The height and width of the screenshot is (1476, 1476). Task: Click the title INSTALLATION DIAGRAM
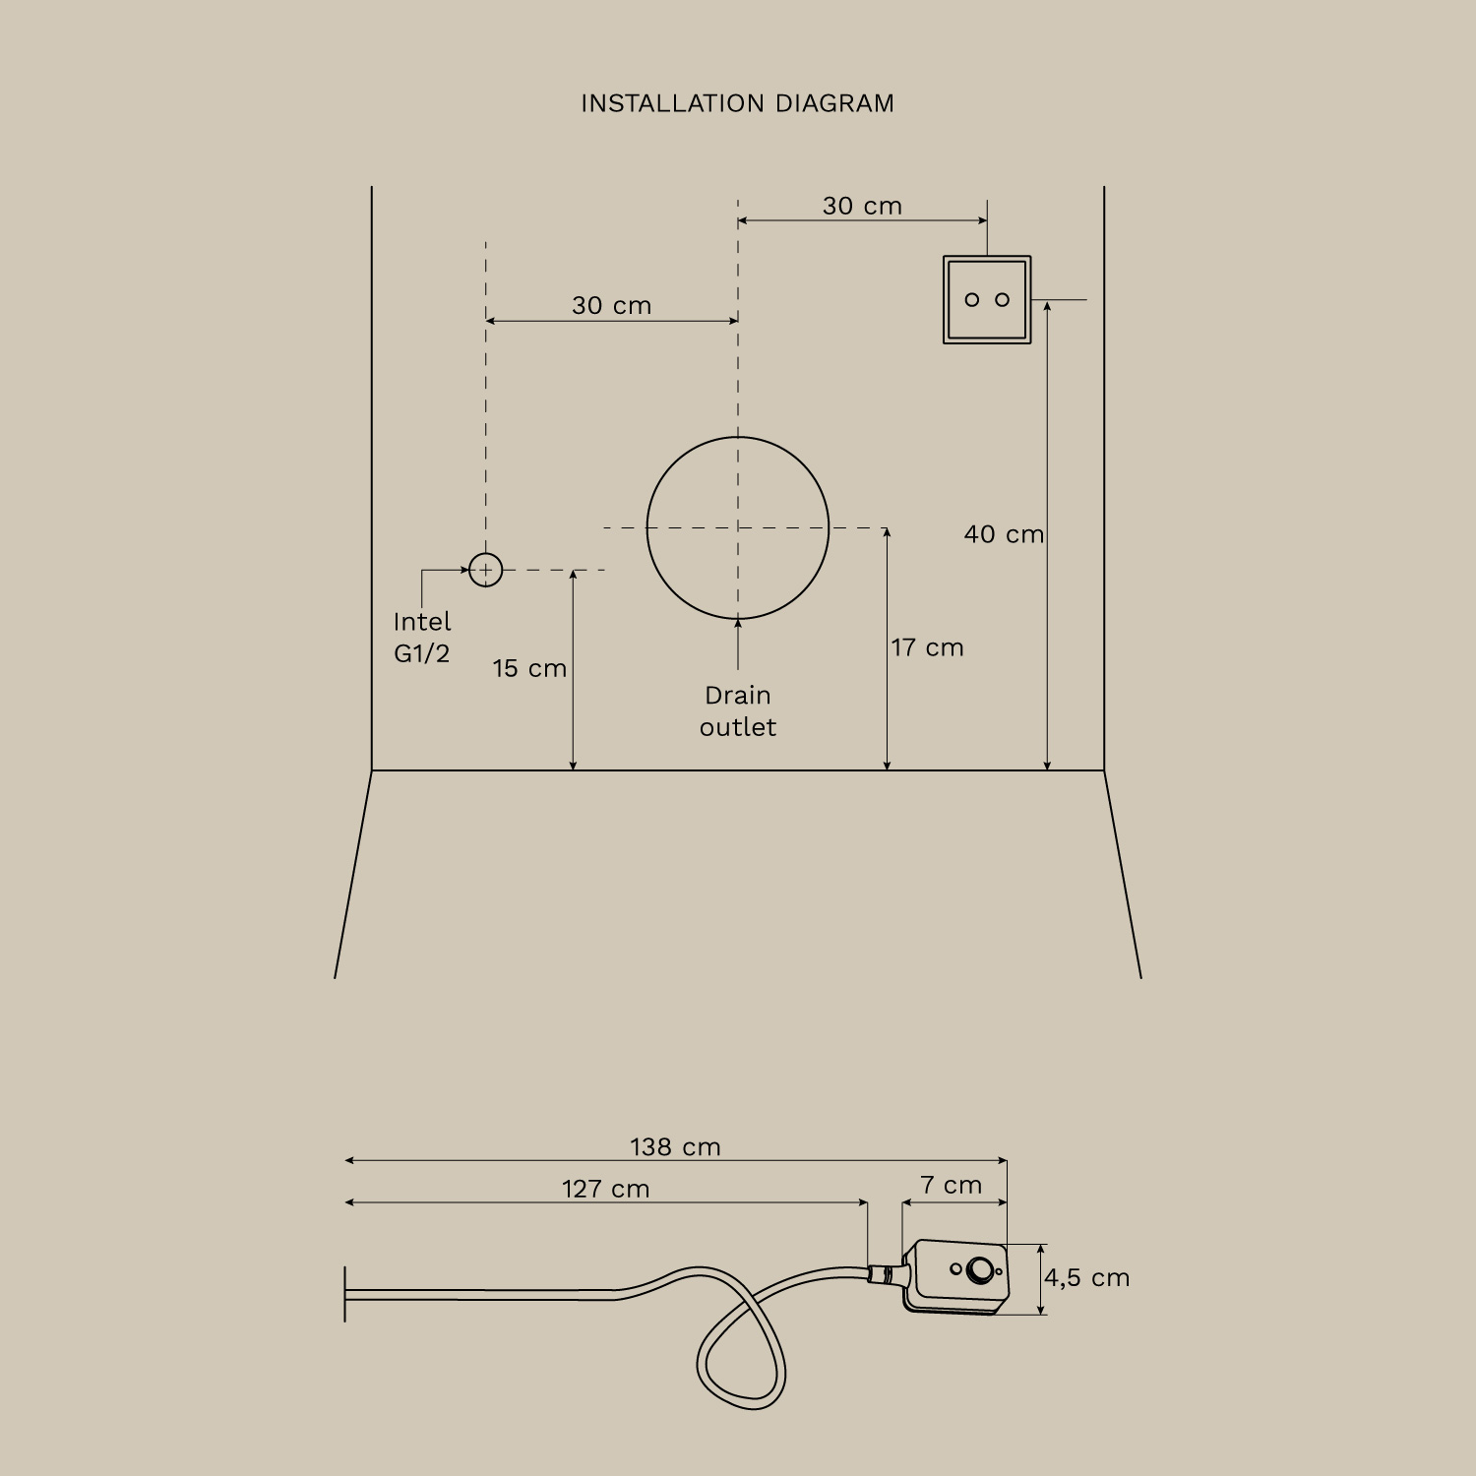pos(737,103)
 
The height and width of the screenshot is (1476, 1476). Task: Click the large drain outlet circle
pos(738,528)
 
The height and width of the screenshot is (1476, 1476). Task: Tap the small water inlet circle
pos(485,570)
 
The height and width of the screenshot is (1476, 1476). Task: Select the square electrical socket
pos(987,299)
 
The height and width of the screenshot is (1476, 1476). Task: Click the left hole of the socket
pos(972,300)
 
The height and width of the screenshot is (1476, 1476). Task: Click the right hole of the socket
pos(1003,300)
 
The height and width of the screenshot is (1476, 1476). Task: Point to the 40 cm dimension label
pos(1004,534)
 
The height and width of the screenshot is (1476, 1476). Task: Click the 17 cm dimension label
pos(927,647)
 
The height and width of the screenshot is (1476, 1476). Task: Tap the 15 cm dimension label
pos(529,668)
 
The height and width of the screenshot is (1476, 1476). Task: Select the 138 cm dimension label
pos(675,1147)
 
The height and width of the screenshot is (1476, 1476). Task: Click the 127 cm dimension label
pos(605,1189)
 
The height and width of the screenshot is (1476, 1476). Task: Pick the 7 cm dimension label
pos(951,1185)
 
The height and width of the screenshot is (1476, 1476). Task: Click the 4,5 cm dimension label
pos(1087,1278)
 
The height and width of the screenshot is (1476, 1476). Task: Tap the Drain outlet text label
pos(738,711)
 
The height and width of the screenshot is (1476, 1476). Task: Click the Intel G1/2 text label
pos(422,638)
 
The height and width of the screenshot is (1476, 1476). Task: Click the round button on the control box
pos(980,1270)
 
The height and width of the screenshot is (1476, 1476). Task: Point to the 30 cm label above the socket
pos(862,206)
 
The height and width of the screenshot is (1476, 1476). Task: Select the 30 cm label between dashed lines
pos(611,305)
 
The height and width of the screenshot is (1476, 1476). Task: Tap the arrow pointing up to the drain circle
pos(738,644)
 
